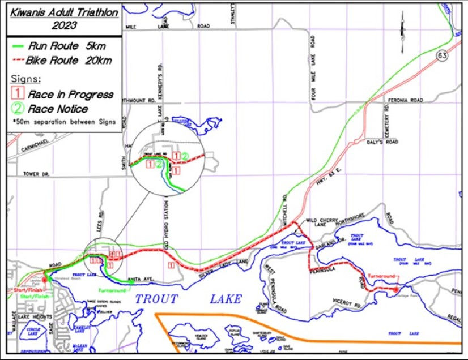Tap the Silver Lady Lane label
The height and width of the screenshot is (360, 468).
[224, 268]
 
